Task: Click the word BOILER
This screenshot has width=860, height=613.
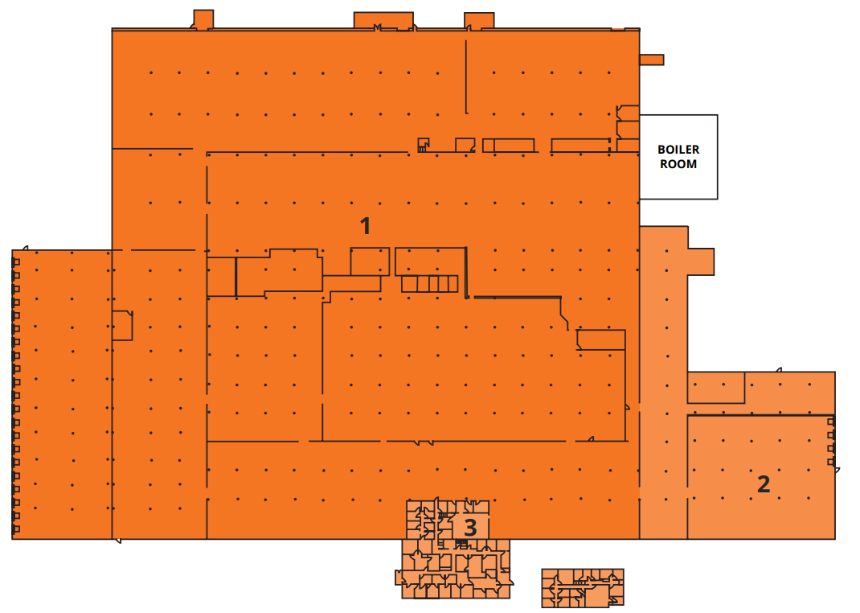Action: click(678, 150)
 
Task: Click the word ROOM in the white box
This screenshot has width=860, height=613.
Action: click(678, 164)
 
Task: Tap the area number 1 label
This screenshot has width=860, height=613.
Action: click(366, 226)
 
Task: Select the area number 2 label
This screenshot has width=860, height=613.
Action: click(764, 484)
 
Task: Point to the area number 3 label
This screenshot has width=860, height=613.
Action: click(470, 528)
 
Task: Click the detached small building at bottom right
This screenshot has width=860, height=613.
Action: click(583, 587)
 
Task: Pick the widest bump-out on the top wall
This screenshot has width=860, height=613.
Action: click(383, 20)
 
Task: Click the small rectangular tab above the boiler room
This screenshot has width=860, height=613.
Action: click(651, 60)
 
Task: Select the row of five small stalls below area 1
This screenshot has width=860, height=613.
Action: click(429, 283)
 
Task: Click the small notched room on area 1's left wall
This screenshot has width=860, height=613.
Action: click(121, 325)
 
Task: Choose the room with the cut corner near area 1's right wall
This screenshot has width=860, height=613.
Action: click(601, 339)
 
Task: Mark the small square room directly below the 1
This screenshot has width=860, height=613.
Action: click(370, 261)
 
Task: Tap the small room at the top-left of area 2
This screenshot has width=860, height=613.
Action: click(716, 387)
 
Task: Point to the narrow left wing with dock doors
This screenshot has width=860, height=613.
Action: click(62, 394)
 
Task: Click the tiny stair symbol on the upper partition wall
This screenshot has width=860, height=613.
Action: click(422, 145)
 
